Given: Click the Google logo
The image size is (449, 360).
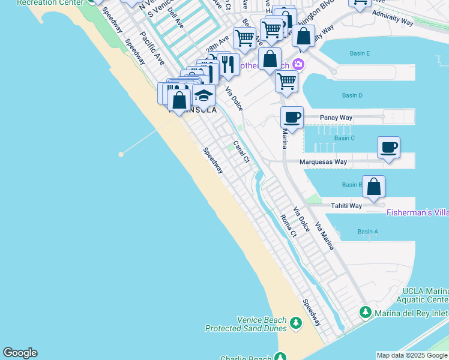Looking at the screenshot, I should pyautogui.click(x=20, y=353).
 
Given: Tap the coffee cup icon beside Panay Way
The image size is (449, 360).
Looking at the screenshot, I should pyautogui.click(x=292, y=117).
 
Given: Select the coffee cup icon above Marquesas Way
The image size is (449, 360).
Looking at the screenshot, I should pyautogui.click(x=388, y=146).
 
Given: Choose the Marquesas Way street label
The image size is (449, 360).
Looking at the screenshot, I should pyautogui.click(x=324, y=162).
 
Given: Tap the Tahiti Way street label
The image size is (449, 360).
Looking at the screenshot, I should pyautogui.click(x=347, y=206).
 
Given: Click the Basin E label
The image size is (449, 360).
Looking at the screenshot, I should pyautogui.click(x=360, y=54).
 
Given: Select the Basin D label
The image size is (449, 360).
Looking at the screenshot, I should pyautogui.click(x=352, y=95).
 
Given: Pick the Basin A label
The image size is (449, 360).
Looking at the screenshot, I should pyautogui.click(x=367, y=232).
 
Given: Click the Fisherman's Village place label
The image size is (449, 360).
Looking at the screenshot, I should pyautogui.click(x=417, y=212).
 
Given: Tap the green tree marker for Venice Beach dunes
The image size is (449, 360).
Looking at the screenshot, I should pyautogui.click(x=295, y=323).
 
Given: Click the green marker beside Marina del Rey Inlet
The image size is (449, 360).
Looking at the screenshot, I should pyautogui.click(x=365, y=312).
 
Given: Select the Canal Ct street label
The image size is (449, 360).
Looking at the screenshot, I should pyautogui.click(x=241, y=151).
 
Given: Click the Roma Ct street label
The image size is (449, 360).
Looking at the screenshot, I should pyautogui.click(x=288, y=226).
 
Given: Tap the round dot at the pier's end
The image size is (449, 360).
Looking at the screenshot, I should pyautogui.click(x=121, y=154).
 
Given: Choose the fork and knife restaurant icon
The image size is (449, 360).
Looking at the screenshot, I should pyautogui.click(x=228, y=64).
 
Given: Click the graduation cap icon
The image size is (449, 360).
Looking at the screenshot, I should pyautogui.click(x=204, y=95).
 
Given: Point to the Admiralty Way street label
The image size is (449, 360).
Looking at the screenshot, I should pyautogui.click(x=393, y=17).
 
